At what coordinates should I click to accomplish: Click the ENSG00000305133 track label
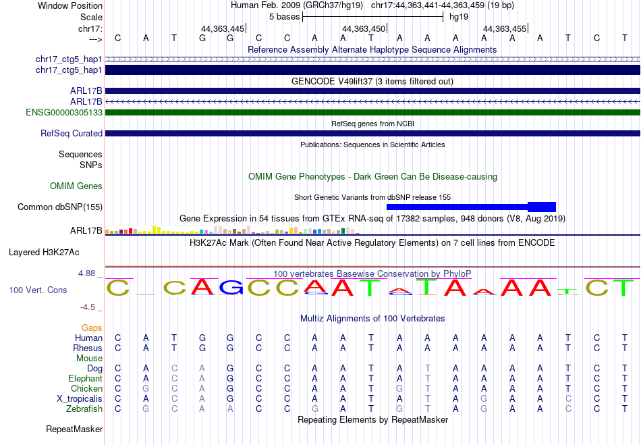64,113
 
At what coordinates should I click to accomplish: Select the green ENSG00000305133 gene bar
373,113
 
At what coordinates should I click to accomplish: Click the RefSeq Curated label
72,133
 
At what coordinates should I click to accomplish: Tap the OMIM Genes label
76,186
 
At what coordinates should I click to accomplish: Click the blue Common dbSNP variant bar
471,207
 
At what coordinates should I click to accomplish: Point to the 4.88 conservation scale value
86,273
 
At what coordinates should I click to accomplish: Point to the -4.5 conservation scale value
88,307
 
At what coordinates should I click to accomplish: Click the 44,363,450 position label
364,28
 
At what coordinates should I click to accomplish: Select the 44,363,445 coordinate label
223,28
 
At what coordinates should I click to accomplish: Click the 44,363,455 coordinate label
505,28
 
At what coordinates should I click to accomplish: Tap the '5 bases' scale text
285,17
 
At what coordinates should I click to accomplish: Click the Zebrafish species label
84,409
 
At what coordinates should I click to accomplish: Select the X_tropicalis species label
80,399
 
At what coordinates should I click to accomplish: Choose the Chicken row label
86,388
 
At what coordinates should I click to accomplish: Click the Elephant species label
86,378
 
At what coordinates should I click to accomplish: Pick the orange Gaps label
92,328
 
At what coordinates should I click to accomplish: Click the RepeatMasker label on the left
74,429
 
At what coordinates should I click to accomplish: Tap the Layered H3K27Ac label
44,253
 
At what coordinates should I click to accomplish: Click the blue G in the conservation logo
231,287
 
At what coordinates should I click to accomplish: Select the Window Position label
70,5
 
